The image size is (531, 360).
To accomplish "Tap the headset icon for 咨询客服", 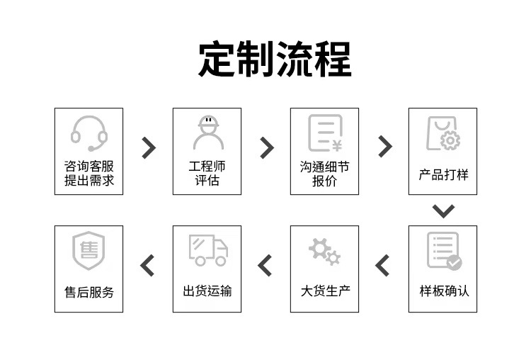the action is point(89,133).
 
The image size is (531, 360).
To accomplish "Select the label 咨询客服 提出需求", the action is point(89,174).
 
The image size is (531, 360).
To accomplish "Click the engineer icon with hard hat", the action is point(208,133).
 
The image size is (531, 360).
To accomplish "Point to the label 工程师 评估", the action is point(207,174).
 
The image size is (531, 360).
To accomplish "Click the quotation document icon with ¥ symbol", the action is point(325,133).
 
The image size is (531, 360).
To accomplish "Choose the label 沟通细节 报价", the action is point(325,174).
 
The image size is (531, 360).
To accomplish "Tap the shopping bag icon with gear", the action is point(442,133).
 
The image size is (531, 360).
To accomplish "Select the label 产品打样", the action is point(443,174).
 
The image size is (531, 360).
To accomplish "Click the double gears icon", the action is point(324,251).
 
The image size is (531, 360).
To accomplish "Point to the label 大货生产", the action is point(325,291).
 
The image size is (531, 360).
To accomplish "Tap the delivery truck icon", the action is point(208,250).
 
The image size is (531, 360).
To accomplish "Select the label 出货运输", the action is point(207,291).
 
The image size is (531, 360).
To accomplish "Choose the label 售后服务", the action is point(89,291).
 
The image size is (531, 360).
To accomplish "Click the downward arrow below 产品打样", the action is point(443,210).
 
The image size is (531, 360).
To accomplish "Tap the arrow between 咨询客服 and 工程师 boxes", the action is point(149,147).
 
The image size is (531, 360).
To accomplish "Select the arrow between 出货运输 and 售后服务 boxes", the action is point(147,266).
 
